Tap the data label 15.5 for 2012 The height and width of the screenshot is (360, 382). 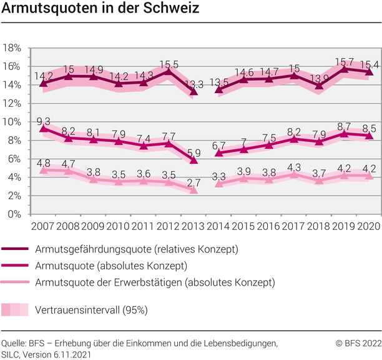click(x=169, y=64)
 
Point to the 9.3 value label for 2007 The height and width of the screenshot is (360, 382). click(x=44, y=121)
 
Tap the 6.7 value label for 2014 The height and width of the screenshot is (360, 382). click(x=218, y=146)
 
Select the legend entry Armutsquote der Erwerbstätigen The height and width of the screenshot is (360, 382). click(x=155, y=282)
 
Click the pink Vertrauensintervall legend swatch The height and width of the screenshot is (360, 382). click(x=15, y=309)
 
